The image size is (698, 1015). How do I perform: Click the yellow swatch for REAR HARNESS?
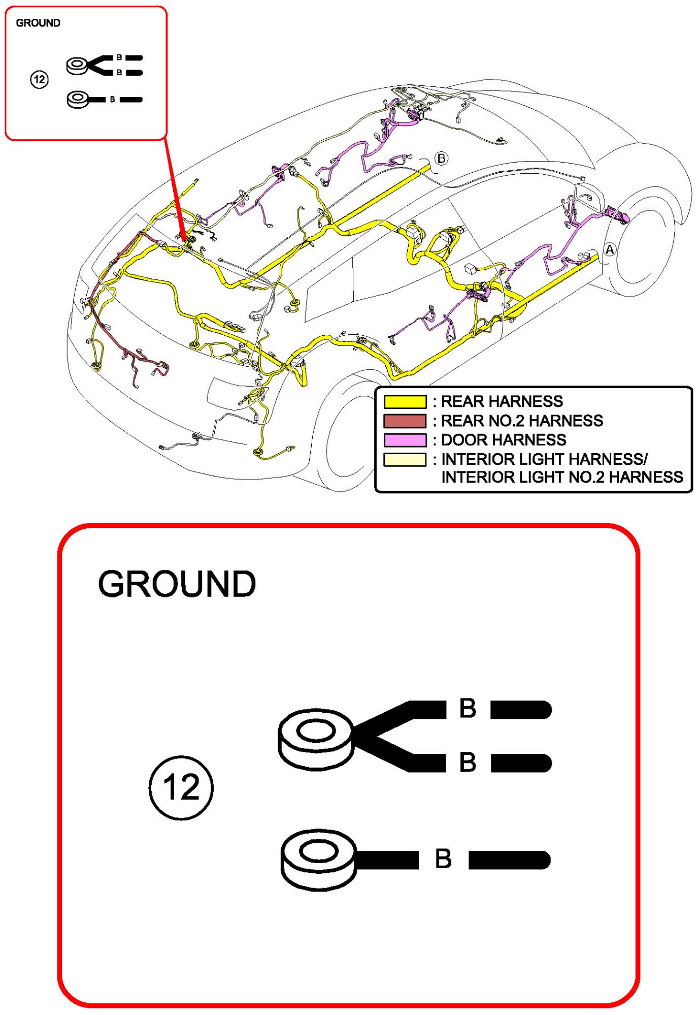click(x=405, y=402)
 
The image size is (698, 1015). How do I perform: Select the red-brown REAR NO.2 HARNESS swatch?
click(x=405, y=421)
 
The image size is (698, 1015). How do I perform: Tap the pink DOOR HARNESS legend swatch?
click(x=405, y=440)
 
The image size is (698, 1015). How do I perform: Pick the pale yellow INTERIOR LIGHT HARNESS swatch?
click(x=405, y=459)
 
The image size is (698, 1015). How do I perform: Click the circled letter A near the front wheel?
click(x=610, y=249)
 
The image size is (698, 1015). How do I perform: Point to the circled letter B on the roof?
click(x=441, y=158)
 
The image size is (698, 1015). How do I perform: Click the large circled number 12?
click(x=181, y=787)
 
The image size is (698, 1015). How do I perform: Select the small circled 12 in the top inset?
click(x=39, y=79)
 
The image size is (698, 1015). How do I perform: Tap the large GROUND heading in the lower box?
click(x=177, y=584)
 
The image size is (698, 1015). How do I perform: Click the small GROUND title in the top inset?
click(x=38, y=23)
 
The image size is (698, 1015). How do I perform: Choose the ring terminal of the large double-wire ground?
click(x=316, y=739)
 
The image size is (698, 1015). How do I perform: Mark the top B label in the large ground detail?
click(x=468, y=708)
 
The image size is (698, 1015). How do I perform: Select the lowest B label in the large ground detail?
click(x=443, y=859)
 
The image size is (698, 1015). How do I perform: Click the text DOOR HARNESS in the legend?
click(x=504, y=440)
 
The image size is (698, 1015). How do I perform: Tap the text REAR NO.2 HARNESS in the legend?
click(x=522, y=421)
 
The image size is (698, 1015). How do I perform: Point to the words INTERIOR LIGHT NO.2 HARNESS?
click(x=562, y=478)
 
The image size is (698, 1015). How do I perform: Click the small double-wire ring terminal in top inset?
click(x=77, y=66)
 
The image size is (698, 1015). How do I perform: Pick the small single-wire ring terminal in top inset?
click(x=78, y=99)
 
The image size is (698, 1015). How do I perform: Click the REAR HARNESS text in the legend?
click(x=502, y=402)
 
